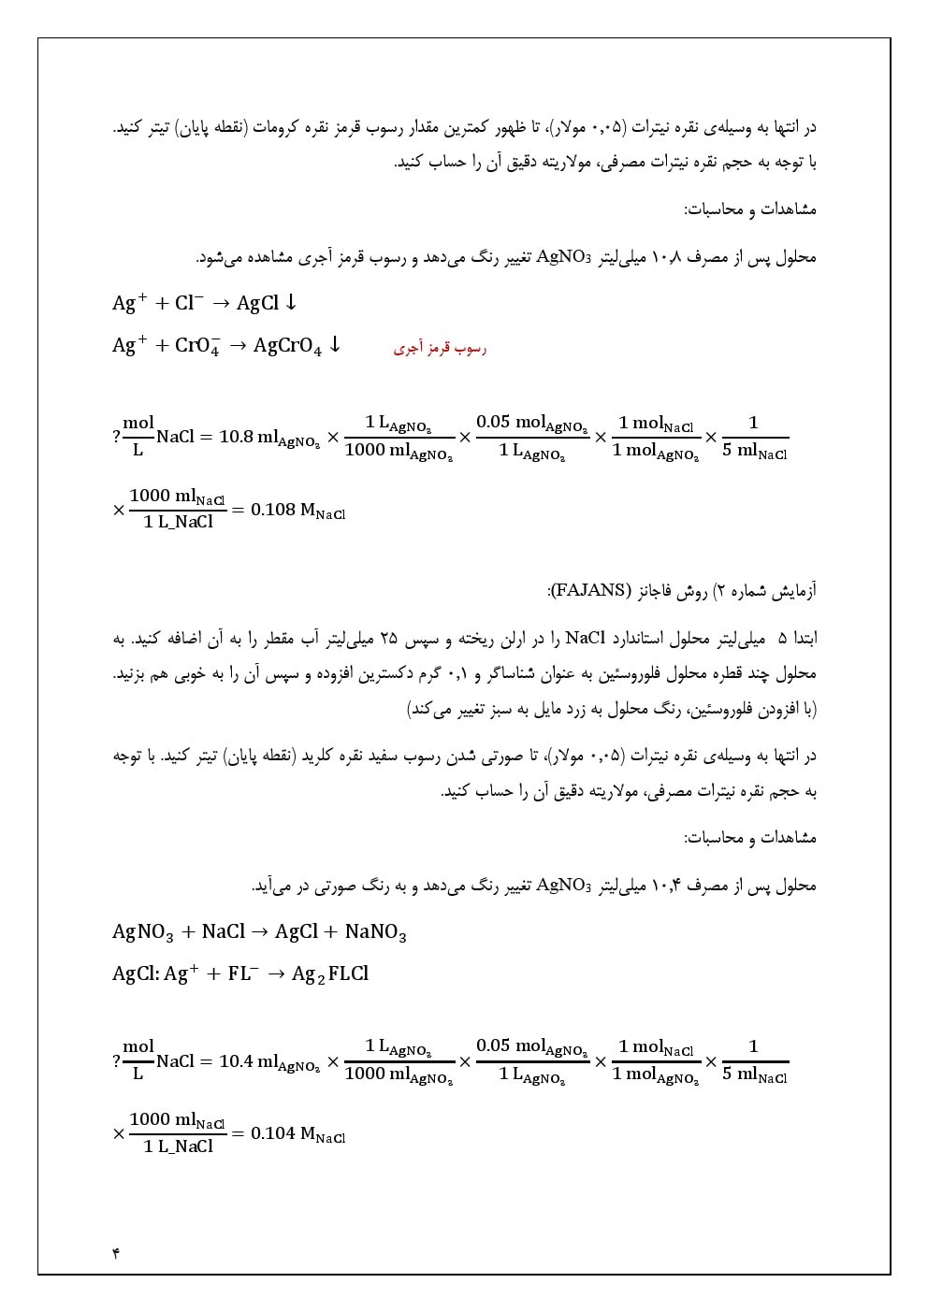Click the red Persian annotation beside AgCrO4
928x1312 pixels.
click(x=440, y=349)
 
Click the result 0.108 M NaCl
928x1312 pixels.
click(x=298, y=511)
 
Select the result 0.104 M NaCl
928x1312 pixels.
click(x=298, y=1134)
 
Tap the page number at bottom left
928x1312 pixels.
click(x=116, y=1252)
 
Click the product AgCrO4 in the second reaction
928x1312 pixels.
click(x=287, y=347)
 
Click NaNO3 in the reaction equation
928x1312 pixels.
click(x=375, y=932)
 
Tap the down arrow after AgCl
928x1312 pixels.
click(x=291, y=302)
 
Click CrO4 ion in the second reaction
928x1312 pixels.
click(x=197, y=347)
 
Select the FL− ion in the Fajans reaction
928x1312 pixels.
click(x=243, y=974)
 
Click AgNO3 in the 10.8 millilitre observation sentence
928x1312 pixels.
click(x=565, y=257)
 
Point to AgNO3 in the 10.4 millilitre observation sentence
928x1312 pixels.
click(x=565, y=885)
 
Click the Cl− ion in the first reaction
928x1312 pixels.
click(x=189, y=303)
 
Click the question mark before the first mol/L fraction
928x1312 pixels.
click(x=116, y=437)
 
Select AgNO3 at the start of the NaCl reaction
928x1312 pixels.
click(x=143, y=932)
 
